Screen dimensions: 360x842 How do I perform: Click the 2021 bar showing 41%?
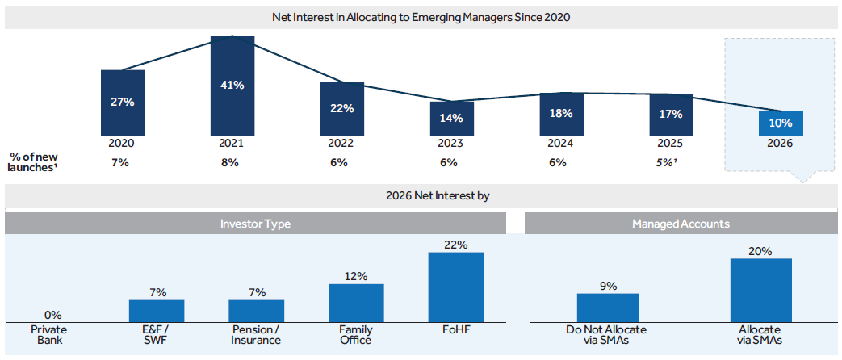pyautogui.click(x=232, y=86)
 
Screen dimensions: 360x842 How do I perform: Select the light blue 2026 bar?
pyautogui.click(x=781, y=123)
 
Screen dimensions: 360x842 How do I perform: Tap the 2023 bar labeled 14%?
pyautogui.click(x=451, y=118)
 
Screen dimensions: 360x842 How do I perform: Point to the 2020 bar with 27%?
pyautogui.click(x=123, y=103)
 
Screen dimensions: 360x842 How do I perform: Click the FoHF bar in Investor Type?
pyautogui.click(x=455, y=287)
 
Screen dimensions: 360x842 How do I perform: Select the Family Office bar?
pyautogui.click(x=356, y=303)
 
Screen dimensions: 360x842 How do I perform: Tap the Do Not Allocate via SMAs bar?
pyautogui.click(x=608, y=308)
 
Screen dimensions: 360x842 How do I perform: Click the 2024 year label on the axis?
pyautogui.click(x=560, y=143)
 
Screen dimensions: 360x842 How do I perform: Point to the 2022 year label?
pyautogui.click(x=341, y=143)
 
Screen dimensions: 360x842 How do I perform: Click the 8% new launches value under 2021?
pyautogui.click(x=231, y=162)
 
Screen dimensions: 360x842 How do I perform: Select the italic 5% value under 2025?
pyautogui.click(x=671, y=162)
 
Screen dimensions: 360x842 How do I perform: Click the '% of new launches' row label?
pyautogui.click(x=34, y=162)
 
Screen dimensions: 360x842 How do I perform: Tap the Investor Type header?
pyautogui.click(x=255, y=224)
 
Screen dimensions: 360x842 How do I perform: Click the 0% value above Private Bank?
pyautogui.click(x=53, y=315)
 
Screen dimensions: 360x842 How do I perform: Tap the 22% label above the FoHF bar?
pyautogui.click(x=456, y=245)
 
